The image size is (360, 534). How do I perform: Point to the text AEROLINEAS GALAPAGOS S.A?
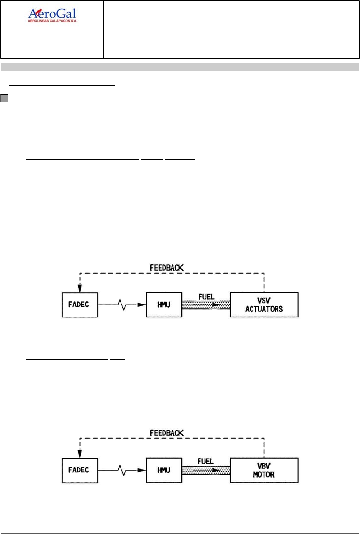click(x=55, y=22)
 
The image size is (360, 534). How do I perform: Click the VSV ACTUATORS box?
click(x=264, y=304)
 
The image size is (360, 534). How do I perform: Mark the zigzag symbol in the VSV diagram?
click(x=123, y=304)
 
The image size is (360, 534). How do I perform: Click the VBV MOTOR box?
click(x=264, y=471)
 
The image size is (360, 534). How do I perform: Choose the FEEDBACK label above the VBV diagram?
click(x=167, y=432)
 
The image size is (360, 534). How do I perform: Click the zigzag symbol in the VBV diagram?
click(x=123, y=471)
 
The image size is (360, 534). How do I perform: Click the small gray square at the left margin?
click(x=4, y=97)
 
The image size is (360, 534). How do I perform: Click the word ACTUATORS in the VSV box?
click(x=264, y=309)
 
